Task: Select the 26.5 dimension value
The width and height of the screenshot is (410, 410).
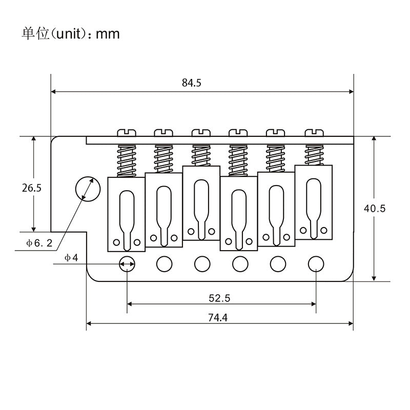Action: pyautogui.click(x=31, y=188)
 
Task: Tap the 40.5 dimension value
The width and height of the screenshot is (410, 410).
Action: pyautogui.click(x=374, y=208)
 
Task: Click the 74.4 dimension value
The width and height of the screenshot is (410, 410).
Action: pyautogui.click(x=218, y=317)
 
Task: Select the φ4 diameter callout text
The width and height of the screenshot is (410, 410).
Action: pyautogui.click(x=71, y=257)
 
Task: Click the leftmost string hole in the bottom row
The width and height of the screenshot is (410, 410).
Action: pyautogui.click(x=127, y=263)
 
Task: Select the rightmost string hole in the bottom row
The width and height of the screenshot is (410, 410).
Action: pyautogui.click(x=316, y=263)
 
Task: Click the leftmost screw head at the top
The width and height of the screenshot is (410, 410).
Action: pyautogui.click(x=127, y=133)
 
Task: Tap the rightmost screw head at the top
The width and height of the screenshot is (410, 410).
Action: pyautogui.click(x=315, y=133)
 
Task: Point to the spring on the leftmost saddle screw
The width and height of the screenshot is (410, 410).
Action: pyautogui.click(x=127, y=160)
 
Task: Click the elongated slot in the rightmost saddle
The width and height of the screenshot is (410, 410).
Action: pyautogui.click(x=314, y=202)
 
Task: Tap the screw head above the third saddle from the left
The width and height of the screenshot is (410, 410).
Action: pyautogui.click(x=201, y=133)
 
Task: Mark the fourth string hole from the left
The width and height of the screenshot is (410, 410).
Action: pyautogui.click(x=240, y=263)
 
